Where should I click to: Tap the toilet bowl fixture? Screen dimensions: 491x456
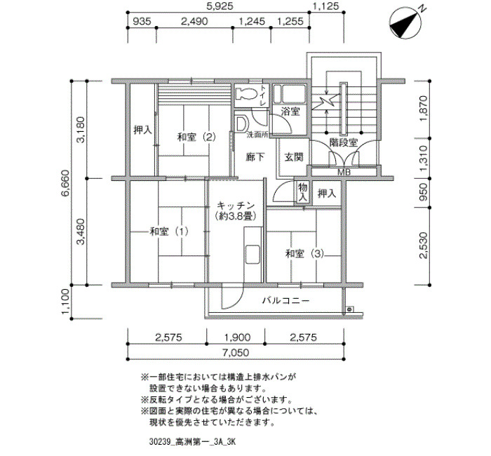245,93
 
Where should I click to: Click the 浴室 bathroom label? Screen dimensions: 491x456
290,111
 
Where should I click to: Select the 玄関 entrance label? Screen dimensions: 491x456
293,157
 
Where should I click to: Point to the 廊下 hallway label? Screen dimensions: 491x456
255,157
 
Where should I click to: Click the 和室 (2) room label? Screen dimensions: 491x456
196,137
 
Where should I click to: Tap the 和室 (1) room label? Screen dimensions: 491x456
169,232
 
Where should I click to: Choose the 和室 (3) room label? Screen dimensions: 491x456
304,253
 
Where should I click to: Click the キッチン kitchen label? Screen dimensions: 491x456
236,206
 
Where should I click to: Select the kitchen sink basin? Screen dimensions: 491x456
252,254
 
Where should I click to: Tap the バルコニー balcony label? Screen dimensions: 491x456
285,301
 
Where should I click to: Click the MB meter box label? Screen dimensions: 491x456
344,172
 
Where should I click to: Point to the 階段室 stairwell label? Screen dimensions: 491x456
344,143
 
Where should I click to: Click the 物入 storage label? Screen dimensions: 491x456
302,192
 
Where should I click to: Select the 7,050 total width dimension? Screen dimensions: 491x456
236,353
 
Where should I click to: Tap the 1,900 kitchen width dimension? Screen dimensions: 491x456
237,337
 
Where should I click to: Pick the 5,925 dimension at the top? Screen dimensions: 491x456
219,6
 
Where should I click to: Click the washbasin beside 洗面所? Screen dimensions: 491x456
241,124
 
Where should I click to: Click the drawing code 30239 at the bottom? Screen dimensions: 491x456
160,442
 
